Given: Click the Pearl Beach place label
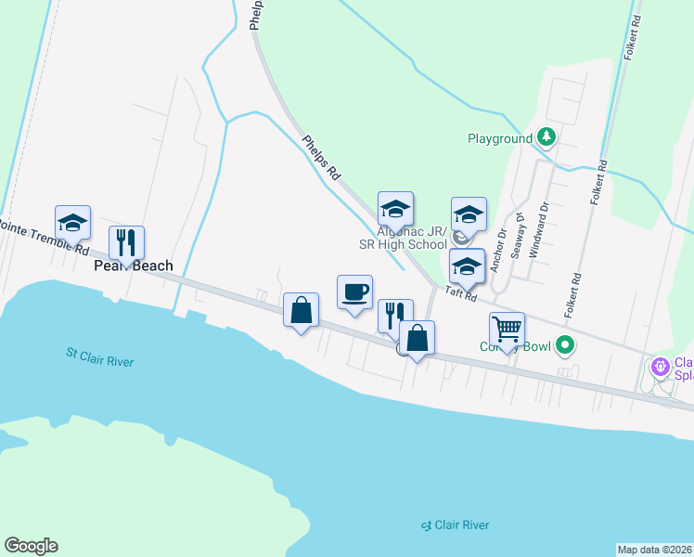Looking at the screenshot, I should coord(134,266).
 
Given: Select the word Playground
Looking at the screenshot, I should coord(499,139).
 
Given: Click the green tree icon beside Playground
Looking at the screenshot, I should coord(547,138).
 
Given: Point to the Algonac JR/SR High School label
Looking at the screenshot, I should coord(412,238).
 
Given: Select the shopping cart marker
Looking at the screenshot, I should coord(507,330).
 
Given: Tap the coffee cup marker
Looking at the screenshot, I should coord(354,292).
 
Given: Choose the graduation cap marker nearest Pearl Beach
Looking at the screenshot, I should coord(72,223).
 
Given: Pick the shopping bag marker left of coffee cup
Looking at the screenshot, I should coord(302,310).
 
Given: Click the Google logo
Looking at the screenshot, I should coord(31,546).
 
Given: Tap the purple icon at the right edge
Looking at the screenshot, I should coord(660,368).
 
